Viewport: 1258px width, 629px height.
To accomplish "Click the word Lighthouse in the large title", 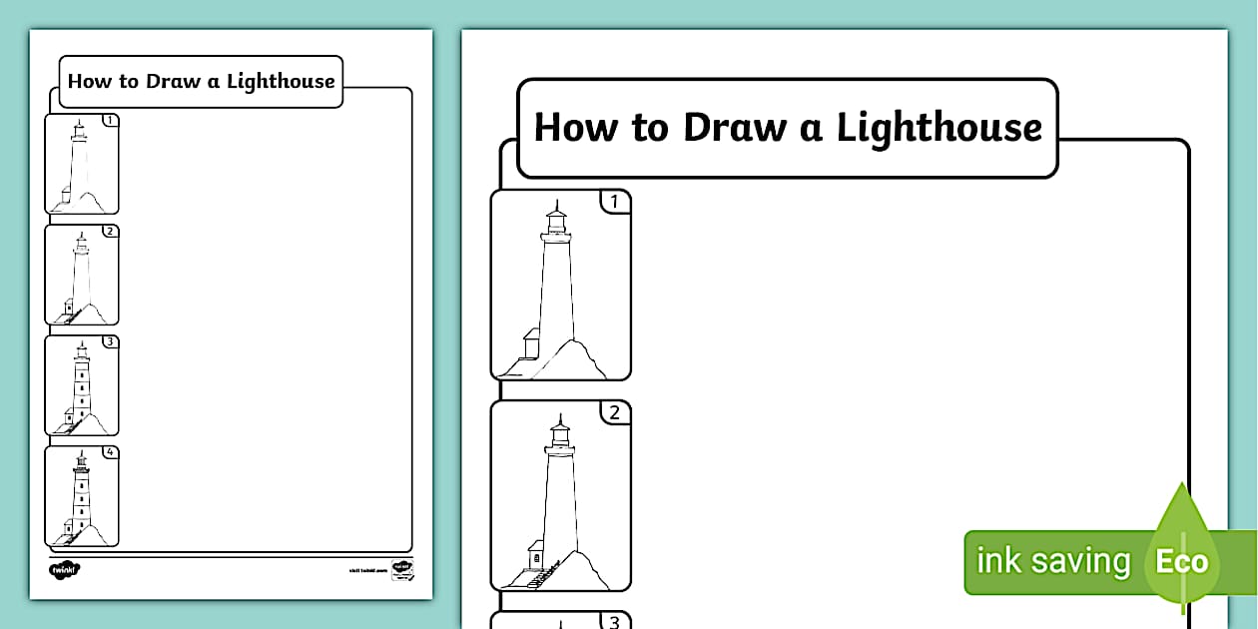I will coord(939,128).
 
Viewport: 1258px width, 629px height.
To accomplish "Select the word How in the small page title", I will coord(89,81).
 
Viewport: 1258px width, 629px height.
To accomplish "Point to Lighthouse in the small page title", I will coord(281,81).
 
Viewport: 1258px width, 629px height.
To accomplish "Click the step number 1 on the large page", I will coord(615,203).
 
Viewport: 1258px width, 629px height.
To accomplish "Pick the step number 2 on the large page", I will coord(615,412).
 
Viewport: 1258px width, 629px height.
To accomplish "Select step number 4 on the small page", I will coord(110,452).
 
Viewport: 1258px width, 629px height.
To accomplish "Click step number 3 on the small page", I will coord(110,341).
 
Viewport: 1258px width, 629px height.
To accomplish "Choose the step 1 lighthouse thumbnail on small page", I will coord(80,165).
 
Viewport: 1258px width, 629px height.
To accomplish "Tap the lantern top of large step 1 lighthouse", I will coord(556,218).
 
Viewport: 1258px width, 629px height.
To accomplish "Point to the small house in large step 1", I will coord(529,343).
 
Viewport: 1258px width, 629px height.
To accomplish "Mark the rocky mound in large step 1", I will coord(573,359).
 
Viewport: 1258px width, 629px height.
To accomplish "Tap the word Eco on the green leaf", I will coord(1182,561).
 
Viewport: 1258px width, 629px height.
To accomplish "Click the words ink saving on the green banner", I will coord(1052,561).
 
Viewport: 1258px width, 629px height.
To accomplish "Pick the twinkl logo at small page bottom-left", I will coord(65,569).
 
